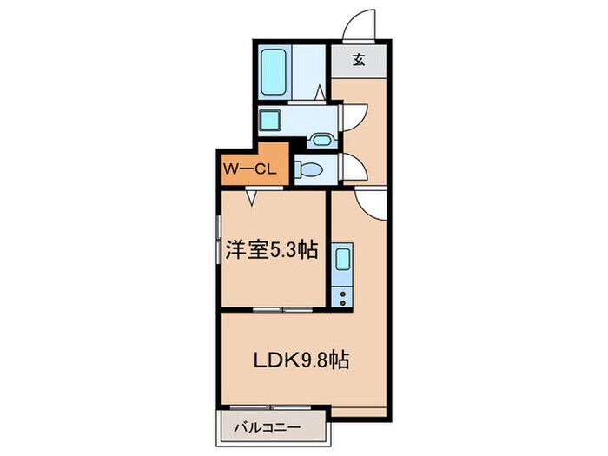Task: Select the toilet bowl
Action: tap(308, 168)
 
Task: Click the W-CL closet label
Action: tap(249, 169)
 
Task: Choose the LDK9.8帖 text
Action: tap(301, 360)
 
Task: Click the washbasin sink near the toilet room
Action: tap(320, 140)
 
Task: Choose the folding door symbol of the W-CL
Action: tap(252, 197)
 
